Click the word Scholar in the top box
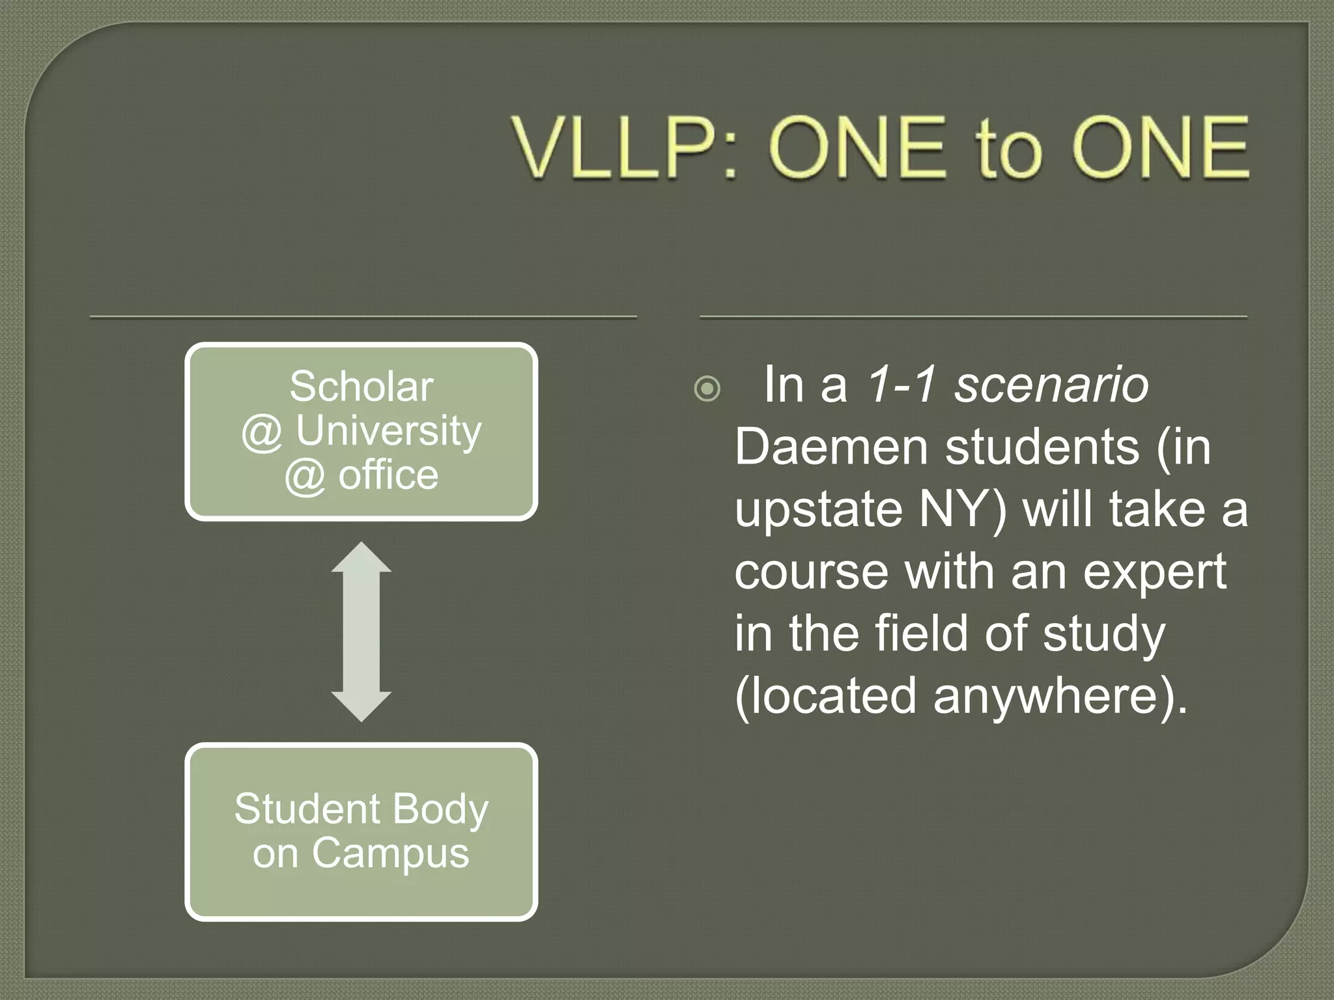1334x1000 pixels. click(x=362, y=386)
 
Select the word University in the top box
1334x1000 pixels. click(x=388, y=431)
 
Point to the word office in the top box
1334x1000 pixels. click(x=388, y=475)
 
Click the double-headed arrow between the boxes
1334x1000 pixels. click(x=362, y=632)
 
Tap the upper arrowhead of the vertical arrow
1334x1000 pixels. click(x=362, y=558)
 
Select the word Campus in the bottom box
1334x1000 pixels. click(x=390, y=853)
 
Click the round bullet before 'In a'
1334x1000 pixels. click(x=707, y=389)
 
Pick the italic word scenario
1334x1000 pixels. click(x=1051, y=385)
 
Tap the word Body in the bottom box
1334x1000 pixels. click(x=440, y=809)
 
